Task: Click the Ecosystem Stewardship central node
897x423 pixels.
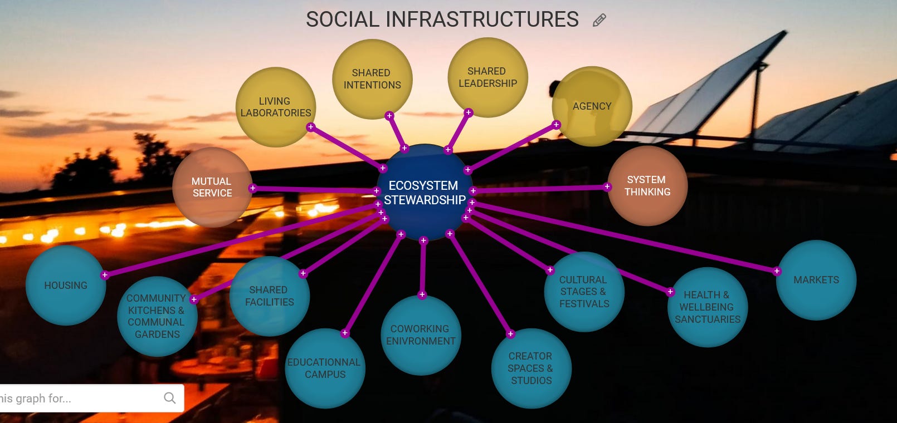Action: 424,192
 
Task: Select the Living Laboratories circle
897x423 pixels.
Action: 275,107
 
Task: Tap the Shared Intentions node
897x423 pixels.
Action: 372,79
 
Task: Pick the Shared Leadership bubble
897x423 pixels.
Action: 487,77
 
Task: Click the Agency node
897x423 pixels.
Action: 592,106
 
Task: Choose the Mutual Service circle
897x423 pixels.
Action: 212,187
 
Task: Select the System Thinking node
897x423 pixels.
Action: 647,186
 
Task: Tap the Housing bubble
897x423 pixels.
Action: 66,286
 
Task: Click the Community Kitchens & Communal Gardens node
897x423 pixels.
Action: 157,316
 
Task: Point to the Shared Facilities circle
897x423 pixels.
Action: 269,296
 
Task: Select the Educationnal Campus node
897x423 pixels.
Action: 325,368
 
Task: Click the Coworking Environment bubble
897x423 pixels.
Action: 421,335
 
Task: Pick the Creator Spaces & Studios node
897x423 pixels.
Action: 530,368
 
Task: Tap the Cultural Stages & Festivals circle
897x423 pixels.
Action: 584,292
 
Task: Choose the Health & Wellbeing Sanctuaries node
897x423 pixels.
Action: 707,307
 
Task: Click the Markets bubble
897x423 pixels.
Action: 816,280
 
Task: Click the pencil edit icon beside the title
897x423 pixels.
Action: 599,21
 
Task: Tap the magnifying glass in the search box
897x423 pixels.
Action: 170,398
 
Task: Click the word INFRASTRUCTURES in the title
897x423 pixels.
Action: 482,19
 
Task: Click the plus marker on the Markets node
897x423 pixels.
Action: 777,271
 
